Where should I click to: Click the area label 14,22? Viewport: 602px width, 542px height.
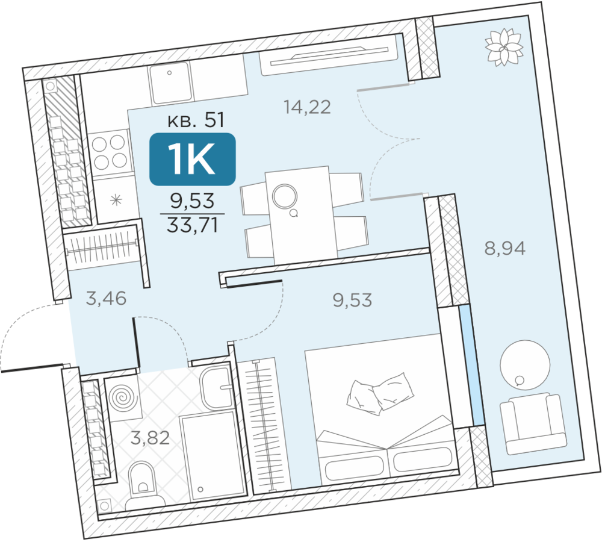[307, 107]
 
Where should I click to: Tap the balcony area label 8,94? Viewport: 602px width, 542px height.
[504, 248]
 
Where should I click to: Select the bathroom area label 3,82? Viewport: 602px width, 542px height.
[150, 438]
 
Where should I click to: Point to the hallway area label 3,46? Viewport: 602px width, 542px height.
[106, 298]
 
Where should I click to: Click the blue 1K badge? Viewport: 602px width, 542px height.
[193, 159]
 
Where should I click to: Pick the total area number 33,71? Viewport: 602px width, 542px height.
[193, 225]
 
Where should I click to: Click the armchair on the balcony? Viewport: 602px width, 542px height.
[533, 423]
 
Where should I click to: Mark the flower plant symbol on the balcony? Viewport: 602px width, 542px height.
[504, 47]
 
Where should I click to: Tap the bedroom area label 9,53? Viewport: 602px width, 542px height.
[352, 300]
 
